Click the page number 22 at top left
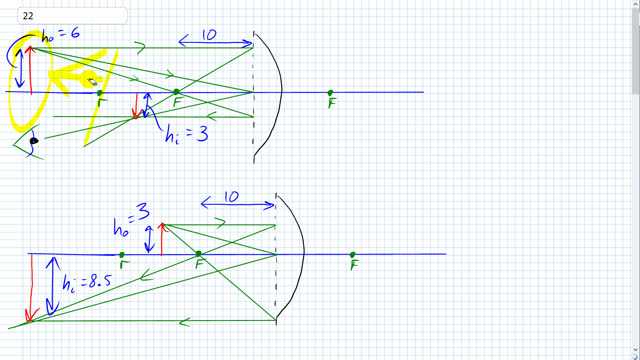(x=14, y=16)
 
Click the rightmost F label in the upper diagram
(x=331, y=103)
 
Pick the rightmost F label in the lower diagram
(x=353, y=265)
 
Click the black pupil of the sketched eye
(x=34, y=141)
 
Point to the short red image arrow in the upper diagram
(x=137, y=105)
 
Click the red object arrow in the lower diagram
(x=162, y=238)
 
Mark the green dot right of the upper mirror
(x=331, y=93)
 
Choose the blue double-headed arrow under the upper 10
(x=215, y=44)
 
